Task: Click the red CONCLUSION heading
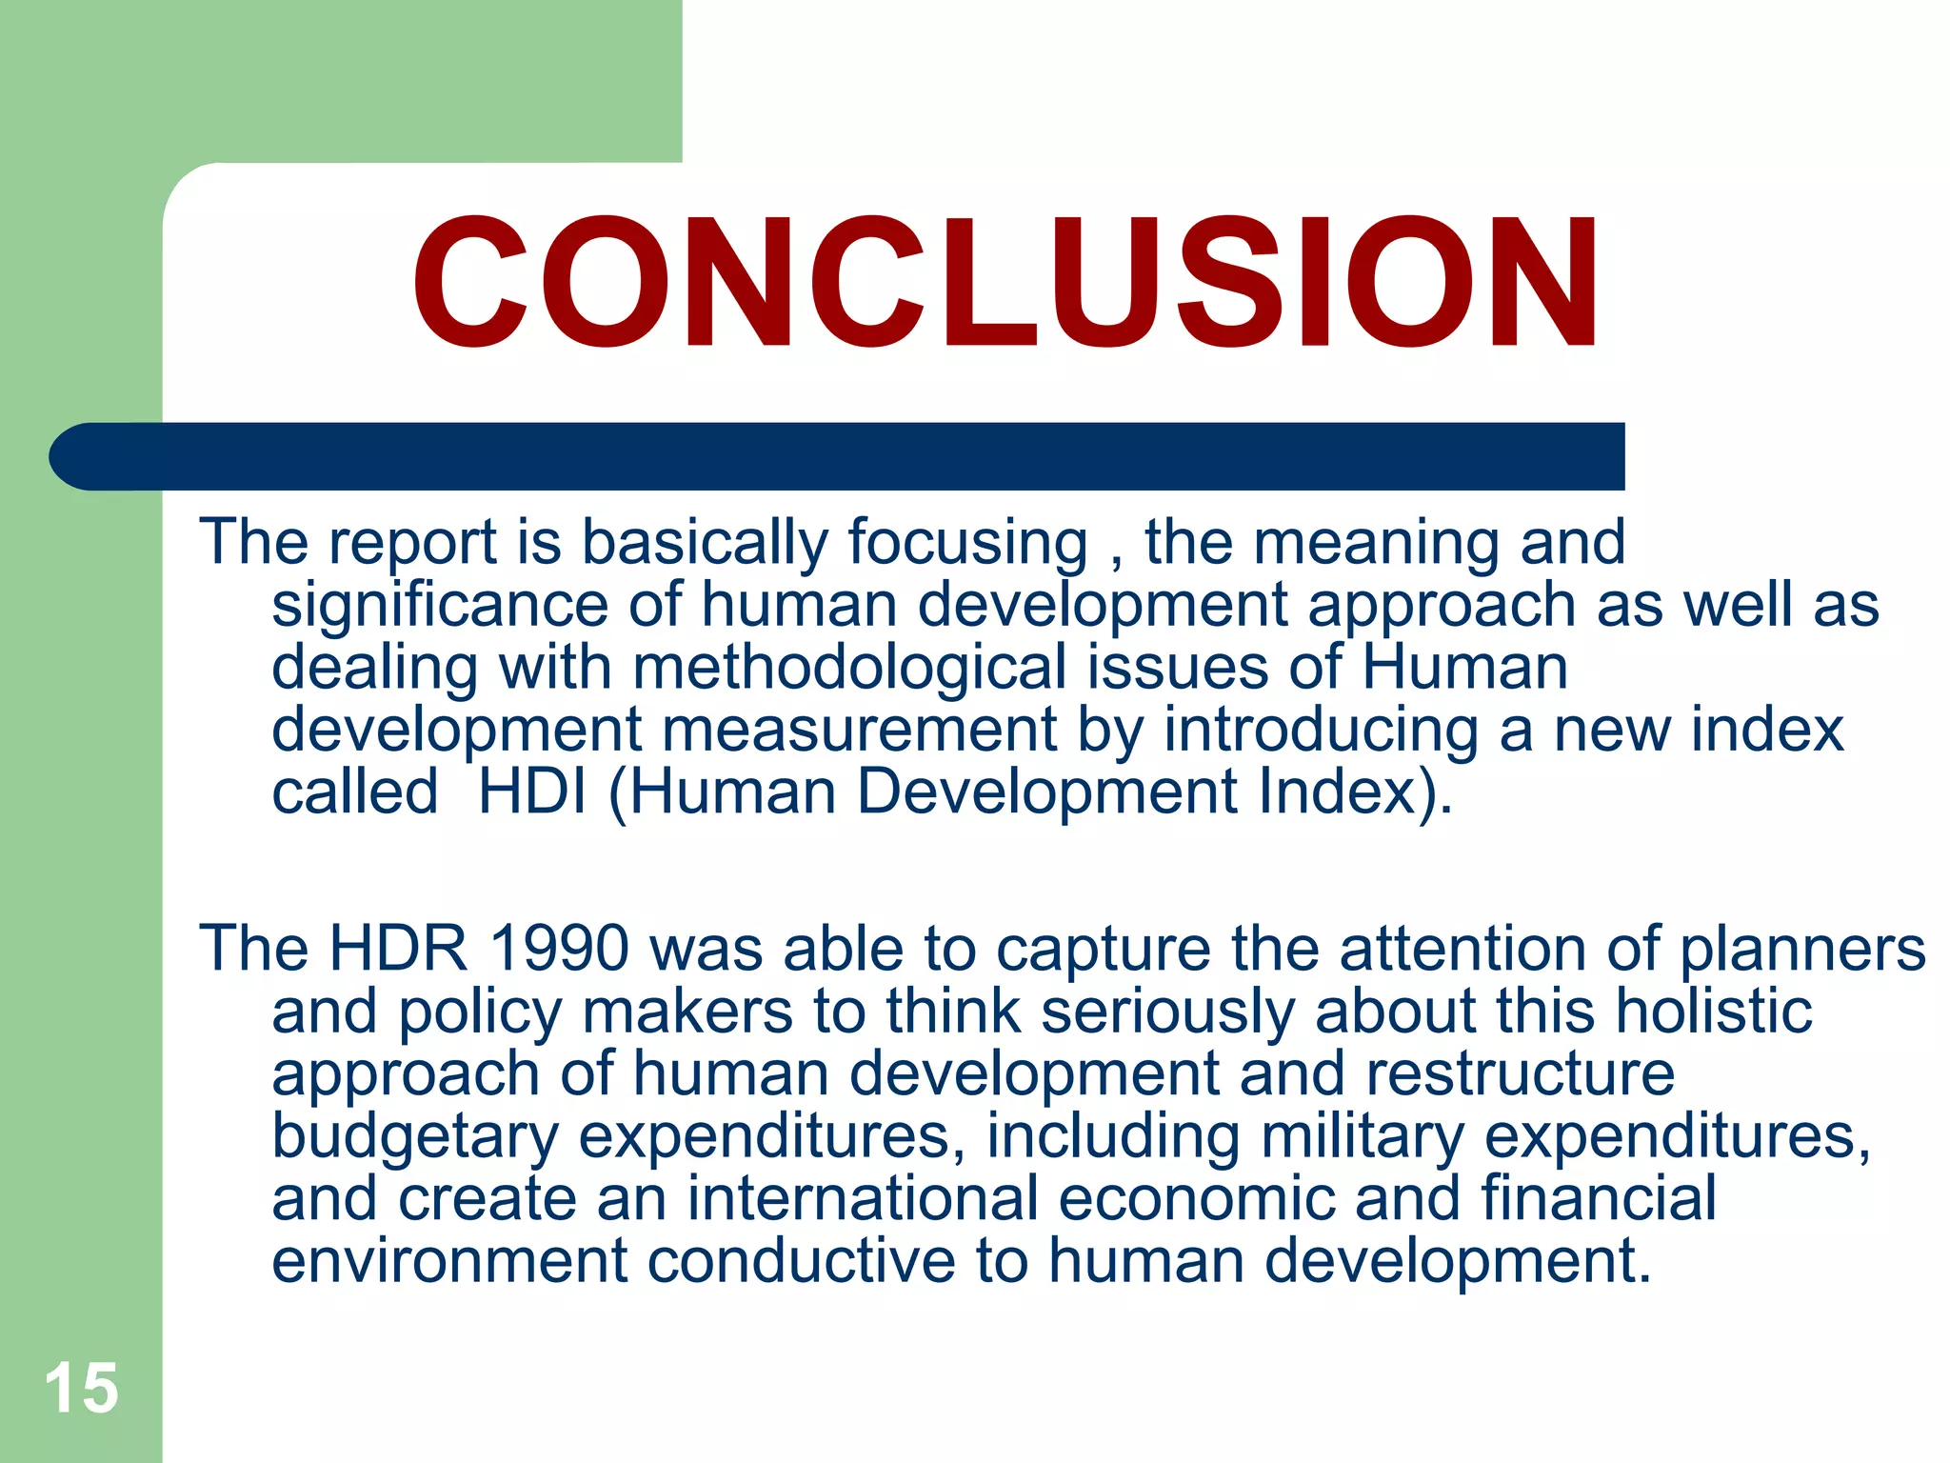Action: (x=1005, y=283)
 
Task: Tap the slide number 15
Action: (x=81, y=1388)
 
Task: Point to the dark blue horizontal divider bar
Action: (x=838, y=456)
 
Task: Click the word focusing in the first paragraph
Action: (x=967, y=543)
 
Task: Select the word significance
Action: (x=440, y=606)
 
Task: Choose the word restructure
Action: (x=1520, y=1073)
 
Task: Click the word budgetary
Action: (x=415, y=1136)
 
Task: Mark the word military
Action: (x=1363, y=1136)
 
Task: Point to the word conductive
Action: (x=802, y=1261)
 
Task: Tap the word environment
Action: (x=449, y=1261)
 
